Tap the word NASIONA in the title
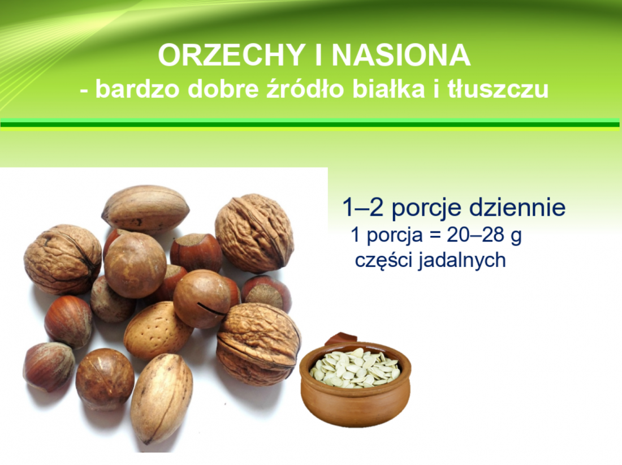coord(401,55)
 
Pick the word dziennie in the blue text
coord(517,207)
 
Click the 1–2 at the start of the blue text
coord(363,208)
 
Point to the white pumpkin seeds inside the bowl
coord(355,367)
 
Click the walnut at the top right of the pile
coord(254,233)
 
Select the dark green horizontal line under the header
coord(309,124)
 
